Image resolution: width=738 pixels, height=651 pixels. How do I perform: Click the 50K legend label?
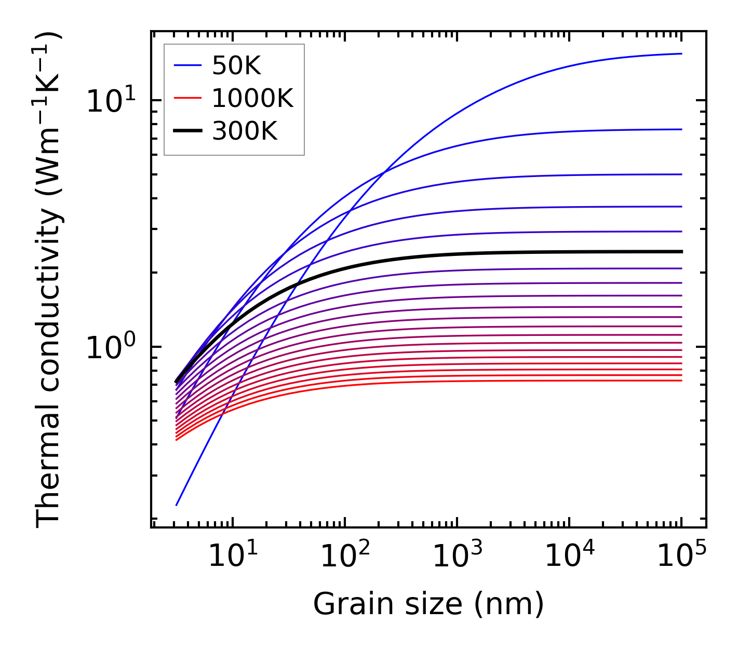click(x=236, y=66)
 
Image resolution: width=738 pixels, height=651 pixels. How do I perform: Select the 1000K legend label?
click(x=252, y=99)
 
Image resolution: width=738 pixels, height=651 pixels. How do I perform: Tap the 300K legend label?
click(x=245, y=131)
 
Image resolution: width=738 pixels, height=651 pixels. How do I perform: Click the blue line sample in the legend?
click(x=187, y=65)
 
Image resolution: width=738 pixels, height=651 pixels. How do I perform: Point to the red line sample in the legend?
click(x=187, y=98)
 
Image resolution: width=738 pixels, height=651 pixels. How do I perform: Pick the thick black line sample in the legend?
click(x=187, y=131)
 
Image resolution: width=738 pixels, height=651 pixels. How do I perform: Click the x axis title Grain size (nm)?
click(x=428, y=604)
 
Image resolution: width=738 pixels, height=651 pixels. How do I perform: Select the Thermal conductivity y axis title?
click(x=49, y=280)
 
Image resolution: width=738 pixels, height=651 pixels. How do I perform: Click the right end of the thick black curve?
click(x=681, y=252)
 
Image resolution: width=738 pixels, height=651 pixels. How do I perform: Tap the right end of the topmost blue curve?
click(x=681, y=53)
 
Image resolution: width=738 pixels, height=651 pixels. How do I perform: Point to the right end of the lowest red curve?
click(x=681, y=381)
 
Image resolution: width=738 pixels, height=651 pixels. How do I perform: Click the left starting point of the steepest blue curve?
click(x=177, y=505)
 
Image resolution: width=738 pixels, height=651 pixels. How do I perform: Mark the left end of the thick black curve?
click(x=176, y=383)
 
